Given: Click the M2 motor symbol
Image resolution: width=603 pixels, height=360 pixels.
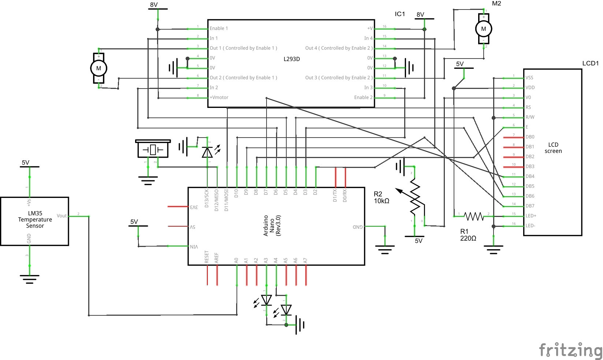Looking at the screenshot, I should (x=484, y=29).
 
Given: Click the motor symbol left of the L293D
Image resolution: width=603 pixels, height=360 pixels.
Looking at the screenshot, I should (x=98, y=68).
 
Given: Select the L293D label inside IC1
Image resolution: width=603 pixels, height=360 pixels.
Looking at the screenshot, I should (x=291, y=59).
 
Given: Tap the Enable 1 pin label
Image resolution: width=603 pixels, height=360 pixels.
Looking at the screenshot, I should (x=219, y=28).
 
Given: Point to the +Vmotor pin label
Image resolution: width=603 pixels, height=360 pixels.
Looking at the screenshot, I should (x=219, y=97).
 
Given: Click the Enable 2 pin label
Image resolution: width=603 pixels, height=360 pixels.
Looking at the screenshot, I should (x=363, y=97).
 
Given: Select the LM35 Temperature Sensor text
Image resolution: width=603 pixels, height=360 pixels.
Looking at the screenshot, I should (x=35, y=220).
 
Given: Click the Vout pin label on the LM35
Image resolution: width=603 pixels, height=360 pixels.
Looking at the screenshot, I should (x=62, y=216).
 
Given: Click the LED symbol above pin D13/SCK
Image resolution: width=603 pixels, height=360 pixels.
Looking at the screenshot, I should (x=208, y=152).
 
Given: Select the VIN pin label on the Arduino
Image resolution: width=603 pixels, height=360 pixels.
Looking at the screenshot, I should (x=194, y=247).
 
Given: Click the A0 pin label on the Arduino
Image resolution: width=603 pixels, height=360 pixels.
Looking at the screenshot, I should (x=237, y=260).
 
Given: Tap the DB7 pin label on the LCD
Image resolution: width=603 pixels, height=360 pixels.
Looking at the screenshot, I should (x=530, y=206).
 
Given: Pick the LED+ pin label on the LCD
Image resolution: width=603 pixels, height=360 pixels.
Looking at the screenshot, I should (x=531, y=216).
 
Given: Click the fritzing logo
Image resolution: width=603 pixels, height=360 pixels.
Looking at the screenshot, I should (x=570, y=350).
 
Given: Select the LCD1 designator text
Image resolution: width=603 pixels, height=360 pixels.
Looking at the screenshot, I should (x=590, y=63).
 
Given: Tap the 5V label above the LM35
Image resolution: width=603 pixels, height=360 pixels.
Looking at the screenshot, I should (x=25, y=163).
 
